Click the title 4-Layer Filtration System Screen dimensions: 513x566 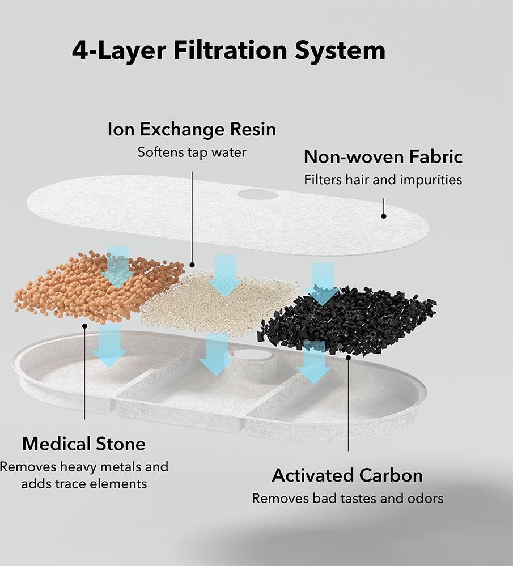[x=228, y=50]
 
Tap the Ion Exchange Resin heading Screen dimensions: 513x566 [x=192, y=129]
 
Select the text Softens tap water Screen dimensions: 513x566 [x=192, y=152]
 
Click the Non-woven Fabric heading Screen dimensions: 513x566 [x=383, y=157]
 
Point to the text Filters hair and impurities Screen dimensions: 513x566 [x=383, y=180]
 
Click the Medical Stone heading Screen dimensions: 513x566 [x=84, y=444]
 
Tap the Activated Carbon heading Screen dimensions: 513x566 [x=347, y=475]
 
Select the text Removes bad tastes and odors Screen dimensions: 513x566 [x=347, y=499]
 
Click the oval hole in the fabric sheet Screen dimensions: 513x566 [x=258, y=194]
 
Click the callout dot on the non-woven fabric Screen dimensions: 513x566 [x=384, y=216]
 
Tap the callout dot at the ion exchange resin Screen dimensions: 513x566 [x=192, y=265]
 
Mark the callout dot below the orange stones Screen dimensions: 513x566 [x=84, y=326]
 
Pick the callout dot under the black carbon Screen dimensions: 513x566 [x=348, y=358]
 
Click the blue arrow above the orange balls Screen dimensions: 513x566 [x=118, y=267]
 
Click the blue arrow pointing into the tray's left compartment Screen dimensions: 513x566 [x=109, y=346]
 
